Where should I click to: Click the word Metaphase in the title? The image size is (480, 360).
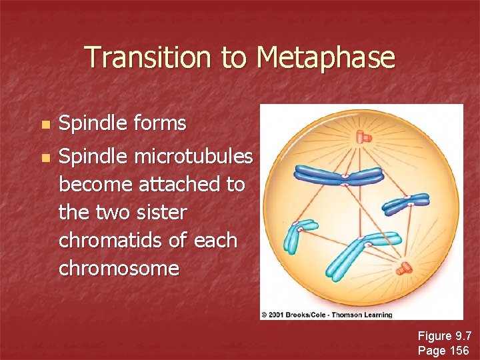(x=325, y=57)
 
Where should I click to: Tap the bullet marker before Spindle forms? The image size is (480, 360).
(x=45, y=125)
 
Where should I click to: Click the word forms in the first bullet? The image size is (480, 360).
(x=160, y=123)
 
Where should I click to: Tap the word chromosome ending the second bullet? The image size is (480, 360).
(x=119, y=268)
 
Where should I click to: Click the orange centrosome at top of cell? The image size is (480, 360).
(x=363, y=137)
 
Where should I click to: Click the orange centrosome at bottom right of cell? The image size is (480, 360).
(x=405, y=267)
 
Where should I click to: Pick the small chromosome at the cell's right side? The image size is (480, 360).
(x=411, y=201)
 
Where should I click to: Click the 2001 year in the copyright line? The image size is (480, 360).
(x=277, y=314)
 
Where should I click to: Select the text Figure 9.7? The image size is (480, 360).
(x=443, y=337)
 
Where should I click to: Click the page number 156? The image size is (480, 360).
(x=458, y=350)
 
